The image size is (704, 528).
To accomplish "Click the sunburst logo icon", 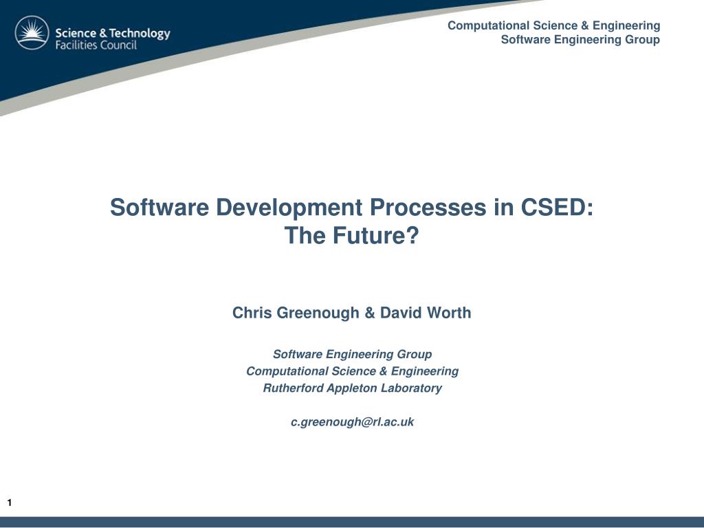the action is (32, 33).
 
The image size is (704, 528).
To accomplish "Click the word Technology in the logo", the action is (140, 34).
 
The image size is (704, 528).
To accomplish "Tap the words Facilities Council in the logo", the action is (96, 45).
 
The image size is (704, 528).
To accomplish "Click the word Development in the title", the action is (289, 207).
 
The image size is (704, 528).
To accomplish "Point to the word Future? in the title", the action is (375, 235).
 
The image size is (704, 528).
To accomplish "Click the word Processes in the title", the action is (428, 207).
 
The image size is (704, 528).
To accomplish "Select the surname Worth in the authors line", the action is (449, 313).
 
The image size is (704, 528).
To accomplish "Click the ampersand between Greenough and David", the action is (369, 313).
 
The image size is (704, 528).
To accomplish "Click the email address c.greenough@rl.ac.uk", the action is (353, 422).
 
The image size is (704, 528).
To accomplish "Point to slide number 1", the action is (10, 503).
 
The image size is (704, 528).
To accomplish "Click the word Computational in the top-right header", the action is (489, 25).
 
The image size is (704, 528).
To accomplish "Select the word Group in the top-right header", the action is (643, 39).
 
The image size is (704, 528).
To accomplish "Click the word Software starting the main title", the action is (159, 207).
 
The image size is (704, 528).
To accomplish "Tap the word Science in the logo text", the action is (76, 33).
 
